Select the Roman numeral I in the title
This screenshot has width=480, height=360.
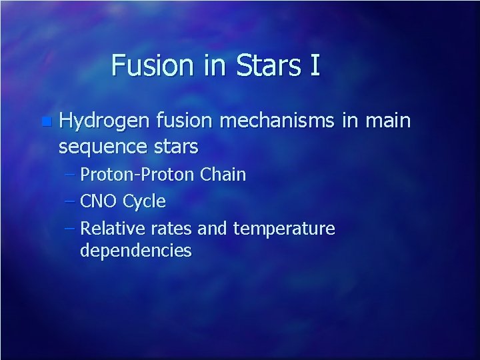tap(314, 65)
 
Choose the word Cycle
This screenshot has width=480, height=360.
tap(145, 201)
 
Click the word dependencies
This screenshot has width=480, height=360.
tap(135, 251)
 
